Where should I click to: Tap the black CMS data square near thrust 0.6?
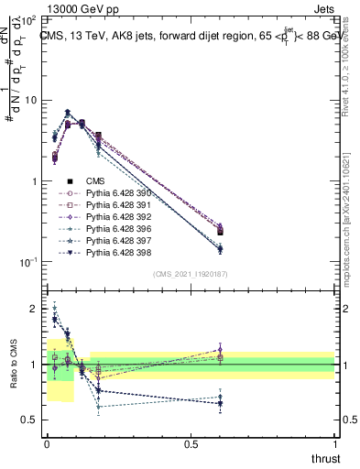click(220, 232)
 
